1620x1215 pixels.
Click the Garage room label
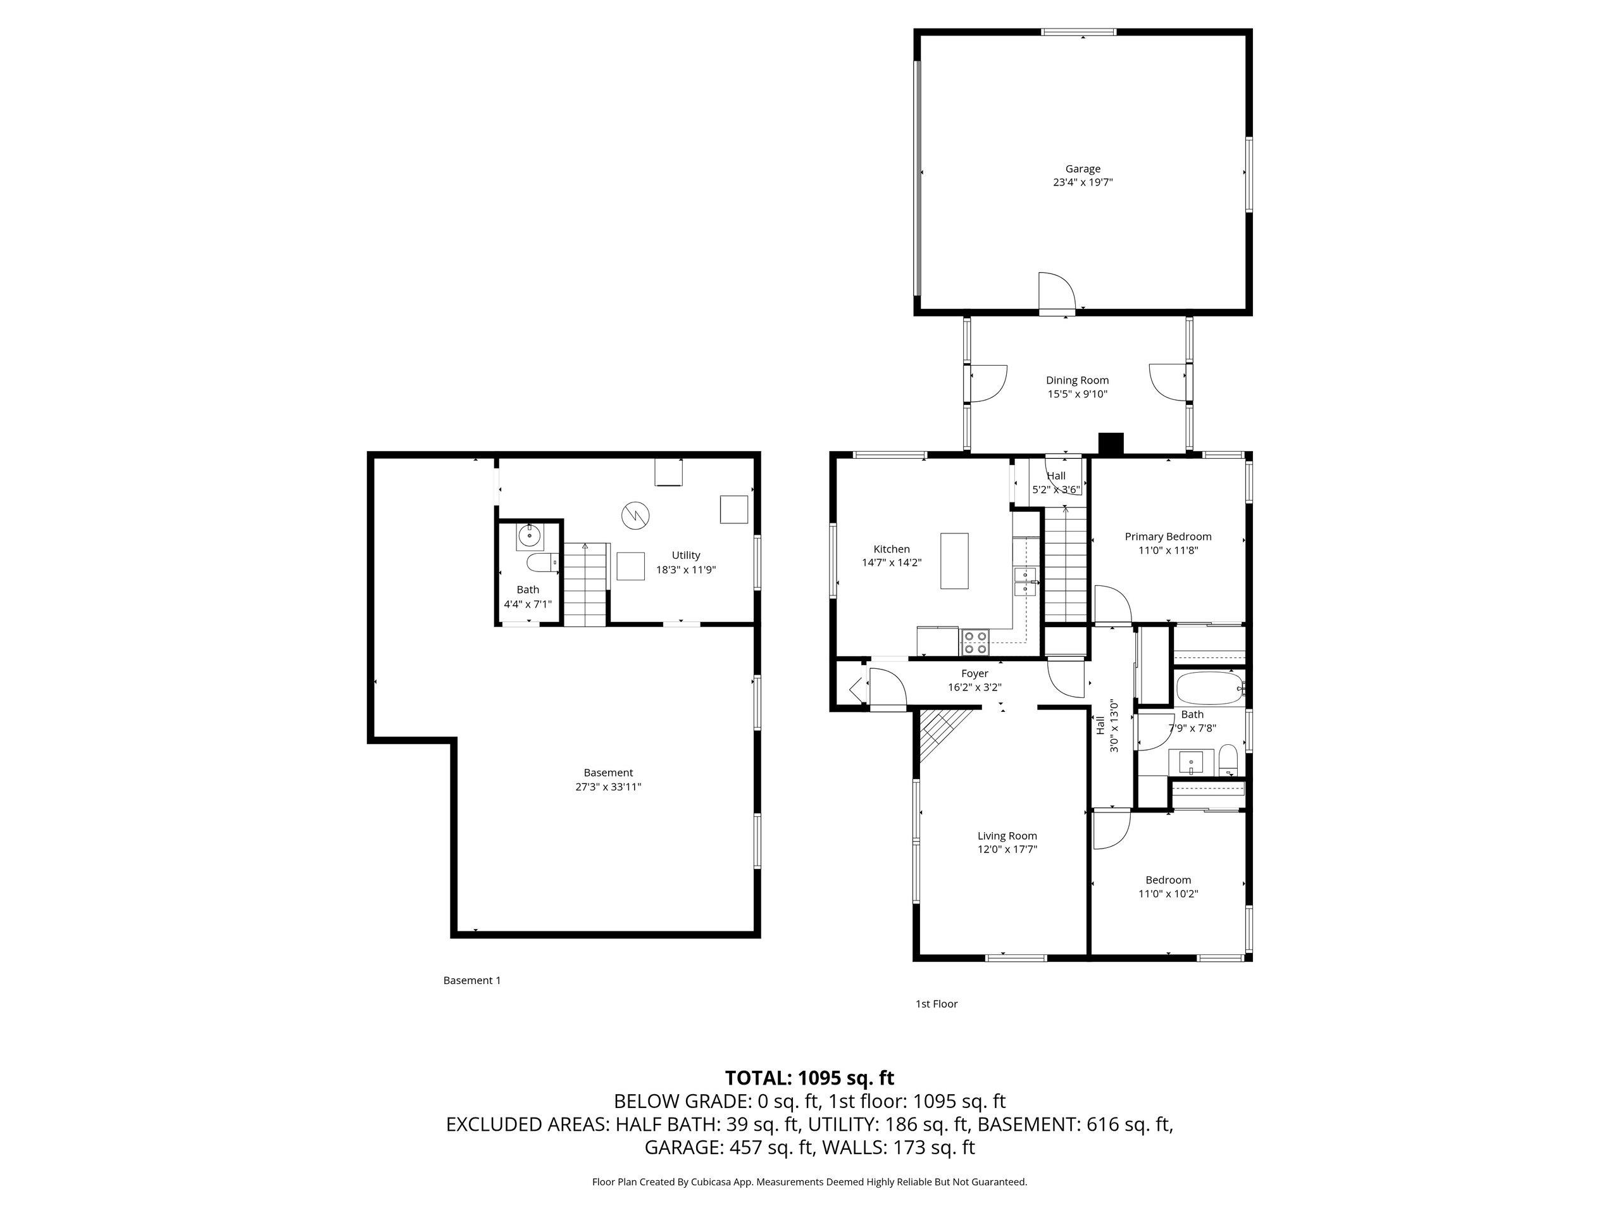[x=1083, y=169]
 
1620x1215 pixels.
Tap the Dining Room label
[x=1076, y=380]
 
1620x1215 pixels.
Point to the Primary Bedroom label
[x=1168, y=537]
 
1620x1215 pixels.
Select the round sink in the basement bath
[x=529, y=537]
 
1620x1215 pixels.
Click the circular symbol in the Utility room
[x=635, y=515]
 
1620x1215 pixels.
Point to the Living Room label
[x=1007, y=836]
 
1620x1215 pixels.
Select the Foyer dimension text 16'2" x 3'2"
[x=974, y=688]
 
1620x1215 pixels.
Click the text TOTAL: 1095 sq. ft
[x=809, y=1078]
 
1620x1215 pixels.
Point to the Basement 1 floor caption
[x=471, y=980]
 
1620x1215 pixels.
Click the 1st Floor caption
[x=936, y=1004]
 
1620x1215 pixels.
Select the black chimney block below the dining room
[x=1111, y=444]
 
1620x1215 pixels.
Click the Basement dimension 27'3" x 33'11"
[x=608, y=787]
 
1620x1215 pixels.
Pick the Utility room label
[x=685, y=555]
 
